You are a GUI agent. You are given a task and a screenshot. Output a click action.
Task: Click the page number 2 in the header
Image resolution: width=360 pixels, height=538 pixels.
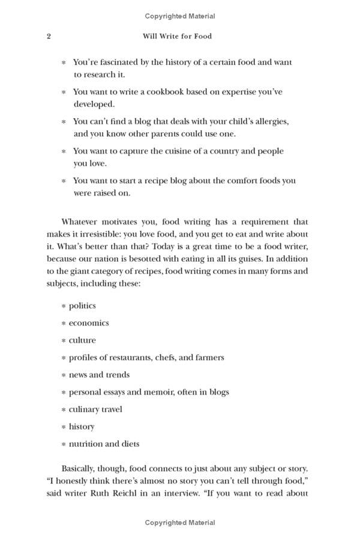[x=49, y=36]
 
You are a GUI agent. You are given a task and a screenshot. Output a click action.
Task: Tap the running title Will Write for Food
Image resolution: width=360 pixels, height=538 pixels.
[x=177, y=36]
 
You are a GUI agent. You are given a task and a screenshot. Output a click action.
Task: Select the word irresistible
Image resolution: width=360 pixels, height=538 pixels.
[x=106, y=234]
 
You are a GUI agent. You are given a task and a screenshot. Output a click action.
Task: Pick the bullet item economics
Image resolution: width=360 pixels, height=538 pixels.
[x=89, y=322]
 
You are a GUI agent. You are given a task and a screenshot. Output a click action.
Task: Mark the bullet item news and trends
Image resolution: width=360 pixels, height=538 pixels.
[x=99, y=375]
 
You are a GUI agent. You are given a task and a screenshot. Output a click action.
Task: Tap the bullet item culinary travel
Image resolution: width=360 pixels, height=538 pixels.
[x=95, y=409]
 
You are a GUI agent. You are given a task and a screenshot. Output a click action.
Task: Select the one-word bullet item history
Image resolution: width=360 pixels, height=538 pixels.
[x=82, y=426]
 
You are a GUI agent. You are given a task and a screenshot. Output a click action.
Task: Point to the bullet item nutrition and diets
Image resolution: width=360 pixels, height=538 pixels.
[x=104, y=444]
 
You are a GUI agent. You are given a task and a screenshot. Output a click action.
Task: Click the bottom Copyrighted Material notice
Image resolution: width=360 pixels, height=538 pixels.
[x=180, y=523]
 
